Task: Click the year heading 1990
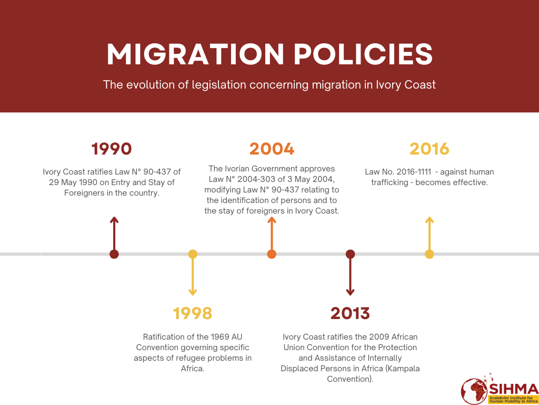pos(112,149)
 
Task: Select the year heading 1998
pos(193,313)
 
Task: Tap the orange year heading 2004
pos(272,149)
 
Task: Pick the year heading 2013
pos(350,313)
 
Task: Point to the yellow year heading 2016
pos(430,149)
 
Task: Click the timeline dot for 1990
pos(114,254)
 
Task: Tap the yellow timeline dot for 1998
pos(193,254)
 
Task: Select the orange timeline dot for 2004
pos(272,254)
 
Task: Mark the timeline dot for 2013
pos(350,254)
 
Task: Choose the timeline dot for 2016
pos(430,254)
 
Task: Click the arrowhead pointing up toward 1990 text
pos(114,219)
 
